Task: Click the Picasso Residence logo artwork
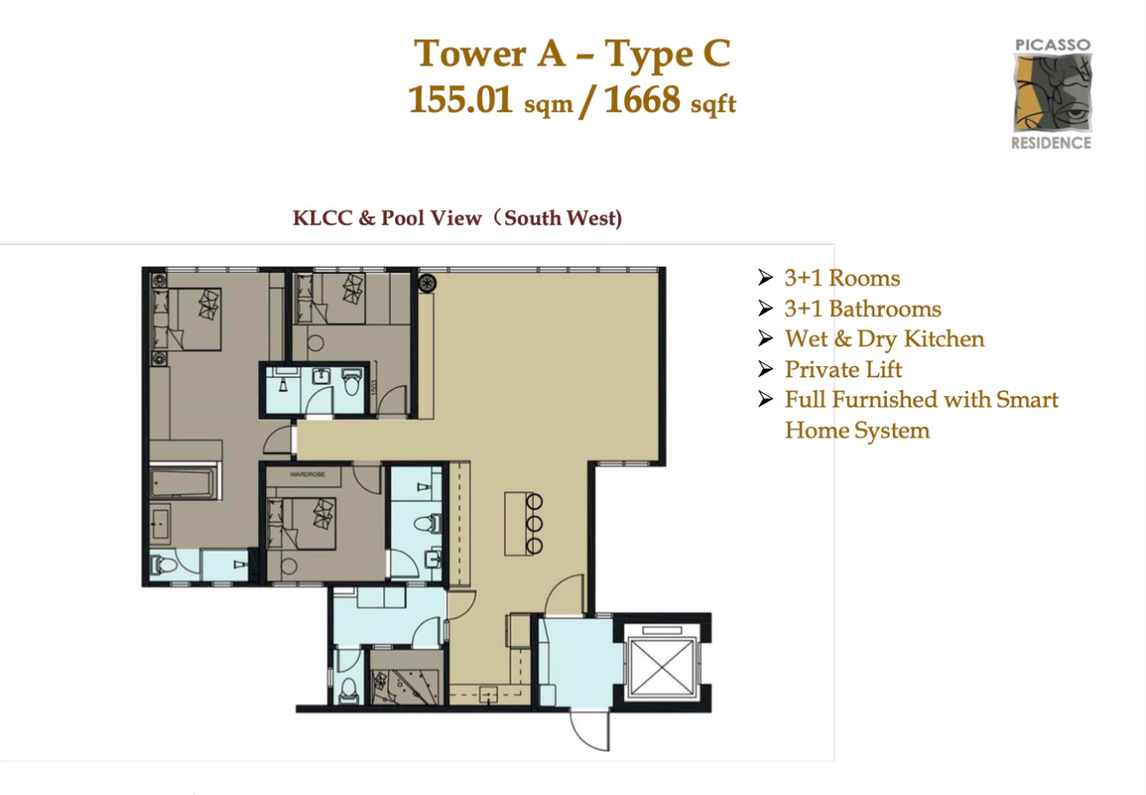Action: (1053, 93)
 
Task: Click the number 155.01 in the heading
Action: (461, 99)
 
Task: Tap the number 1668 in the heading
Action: (643, 99)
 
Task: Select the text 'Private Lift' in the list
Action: (843, 370)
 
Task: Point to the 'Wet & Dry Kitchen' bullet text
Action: (884, 339)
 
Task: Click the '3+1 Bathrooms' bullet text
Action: (862, 309)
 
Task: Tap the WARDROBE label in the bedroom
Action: (308, 474)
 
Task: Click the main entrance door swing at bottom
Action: (591, 730)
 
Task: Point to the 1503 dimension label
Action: (373, 386)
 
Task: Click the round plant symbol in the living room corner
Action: (427, 283)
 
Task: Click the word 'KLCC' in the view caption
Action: (322, 218)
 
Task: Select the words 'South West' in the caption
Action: (561, 218)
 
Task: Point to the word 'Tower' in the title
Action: (470, 53)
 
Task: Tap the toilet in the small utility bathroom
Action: (349, 688)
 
